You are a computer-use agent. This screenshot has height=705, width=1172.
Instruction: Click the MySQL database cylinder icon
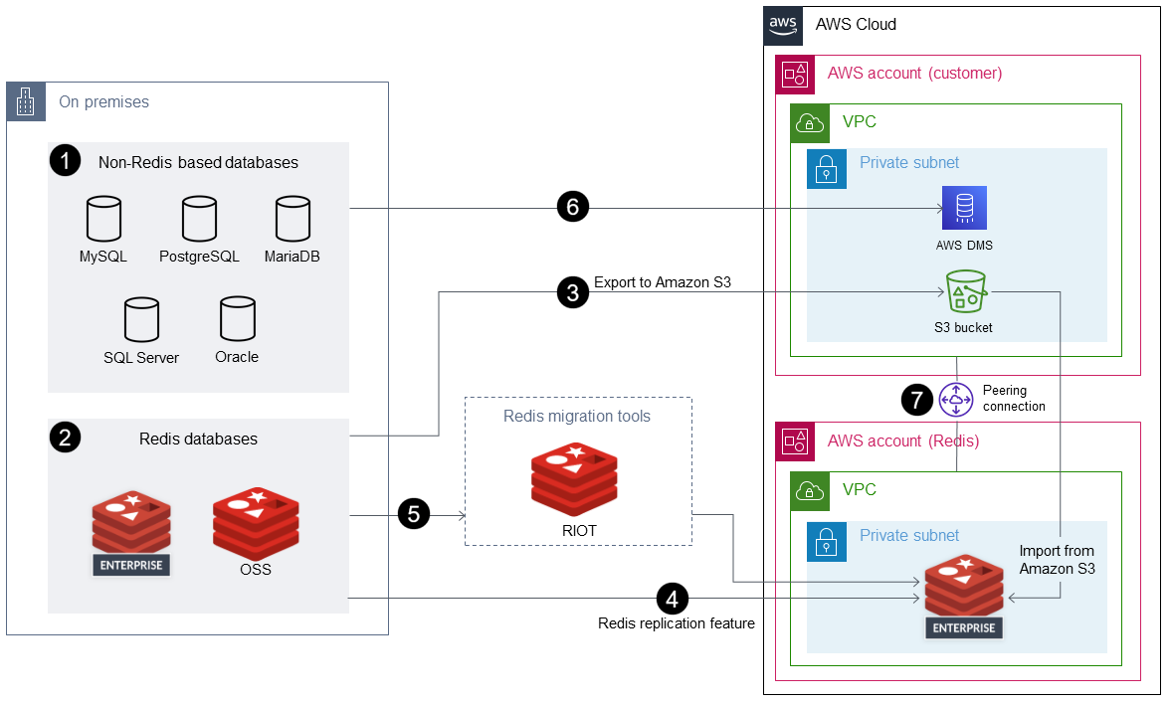click(x=103, y=220)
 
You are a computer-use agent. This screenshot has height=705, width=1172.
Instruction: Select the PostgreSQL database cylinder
click(x=199, y=220)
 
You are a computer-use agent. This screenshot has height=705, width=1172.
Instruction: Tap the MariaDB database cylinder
click(x=293, y=220)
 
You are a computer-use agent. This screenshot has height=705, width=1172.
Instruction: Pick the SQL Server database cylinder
click(x=141, y=320)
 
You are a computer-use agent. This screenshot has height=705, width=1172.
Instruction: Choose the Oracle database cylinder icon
click(x=236, y=319)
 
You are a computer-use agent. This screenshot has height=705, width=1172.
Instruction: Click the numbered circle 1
click(x=65, y=161)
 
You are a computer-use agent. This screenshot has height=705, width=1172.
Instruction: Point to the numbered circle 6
click(x=573, y=208)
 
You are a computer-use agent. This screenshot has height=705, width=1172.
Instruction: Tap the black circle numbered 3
click(x=573, y=292)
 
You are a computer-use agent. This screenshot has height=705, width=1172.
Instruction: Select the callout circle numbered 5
click(x=414, y=514)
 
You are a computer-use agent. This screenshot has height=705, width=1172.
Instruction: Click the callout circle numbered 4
click(x=673, y=599)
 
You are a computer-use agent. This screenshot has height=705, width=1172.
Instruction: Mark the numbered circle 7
click(x=917, y=400)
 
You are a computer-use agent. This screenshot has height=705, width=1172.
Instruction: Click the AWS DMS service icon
click(x=964, y=209)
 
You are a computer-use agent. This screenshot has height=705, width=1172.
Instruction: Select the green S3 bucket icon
click(x=963, y=291)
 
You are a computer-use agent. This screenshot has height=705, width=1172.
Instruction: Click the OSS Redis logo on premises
click(x=257, y=523)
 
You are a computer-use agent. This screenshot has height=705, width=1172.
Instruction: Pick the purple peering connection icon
click(x=956, y=400)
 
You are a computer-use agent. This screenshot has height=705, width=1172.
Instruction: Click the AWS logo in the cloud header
click(x=783, y=25)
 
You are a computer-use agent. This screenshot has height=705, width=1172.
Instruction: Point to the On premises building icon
click(x=26, y=101)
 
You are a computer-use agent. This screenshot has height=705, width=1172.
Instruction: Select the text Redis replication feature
click(x=677, y=623)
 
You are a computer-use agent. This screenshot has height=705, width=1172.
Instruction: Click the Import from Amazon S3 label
click(x=1057, y=560)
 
